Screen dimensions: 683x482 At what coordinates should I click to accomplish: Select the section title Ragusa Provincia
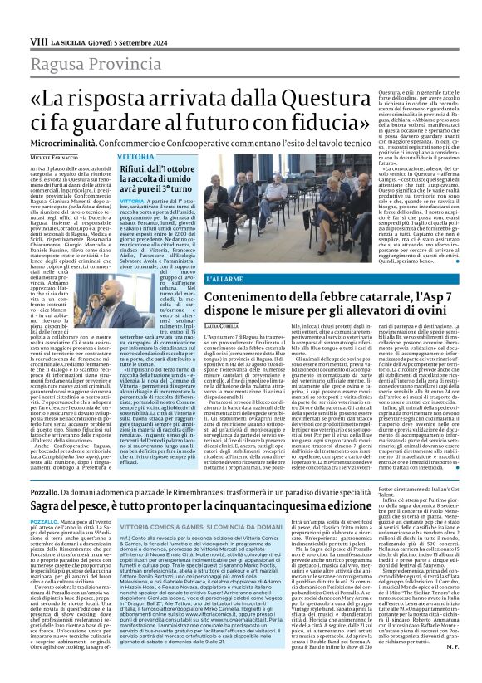click(x=85, y=42)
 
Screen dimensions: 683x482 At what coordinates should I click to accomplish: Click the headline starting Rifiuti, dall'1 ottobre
click(x=158, y=169)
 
